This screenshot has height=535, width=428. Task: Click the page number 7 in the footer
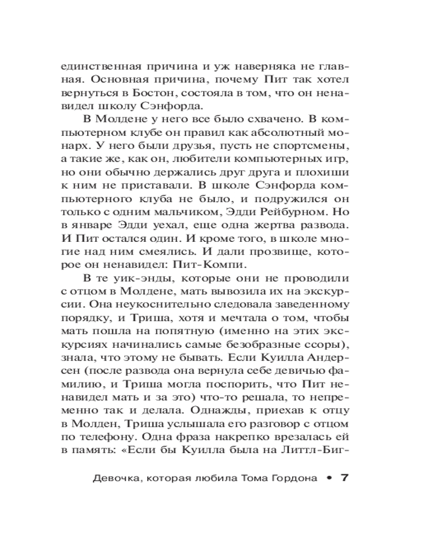coord(345,477)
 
